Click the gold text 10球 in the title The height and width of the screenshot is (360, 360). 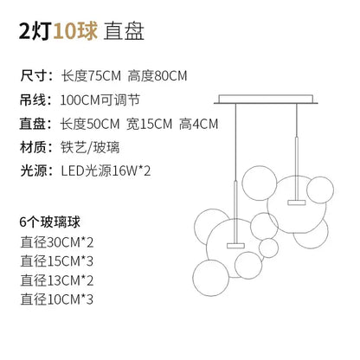coord(75,31)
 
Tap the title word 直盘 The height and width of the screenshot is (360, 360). coord(124,31)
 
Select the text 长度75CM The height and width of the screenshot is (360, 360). coord(91,76)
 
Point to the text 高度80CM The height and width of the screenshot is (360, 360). coord(157,76)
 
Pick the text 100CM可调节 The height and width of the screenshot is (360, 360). coord(100,100)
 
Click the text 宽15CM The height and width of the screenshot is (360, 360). coord(149,124)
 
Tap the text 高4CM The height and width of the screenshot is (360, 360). coord(198,124)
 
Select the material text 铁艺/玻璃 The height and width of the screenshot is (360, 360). coord(90,148)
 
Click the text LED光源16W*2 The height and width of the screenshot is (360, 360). coord(106,171)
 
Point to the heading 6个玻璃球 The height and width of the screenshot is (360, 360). coord(50,222)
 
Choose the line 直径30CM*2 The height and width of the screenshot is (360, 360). coord(57,242)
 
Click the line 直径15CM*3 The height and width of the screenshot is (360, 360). coord(57,261)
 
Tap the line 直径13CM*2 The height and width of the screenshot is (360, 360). coord(57,280)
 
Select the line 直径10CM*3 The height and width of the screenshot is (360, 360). coord(57,299)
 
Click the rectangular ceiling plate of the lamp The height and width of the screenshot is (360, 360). coord(266,100)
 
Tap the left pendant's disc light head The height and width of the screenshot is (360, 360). coord(235,246)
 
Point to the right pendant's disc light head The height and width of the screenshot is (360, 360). coord(296,202)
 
